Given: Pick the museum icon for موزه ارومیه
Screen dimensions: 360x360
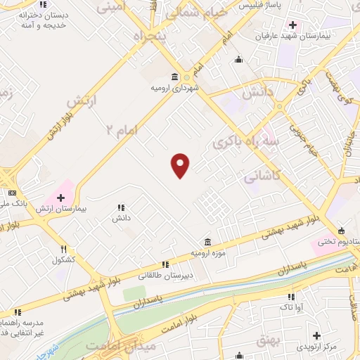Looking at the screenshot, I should click(207, 243).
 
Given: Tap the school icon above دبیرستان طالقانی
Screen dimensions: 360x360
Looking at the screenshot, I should click(165, 264).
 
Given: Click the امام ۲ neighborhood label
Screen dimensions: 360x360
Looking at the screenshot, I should click(120, 129).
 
